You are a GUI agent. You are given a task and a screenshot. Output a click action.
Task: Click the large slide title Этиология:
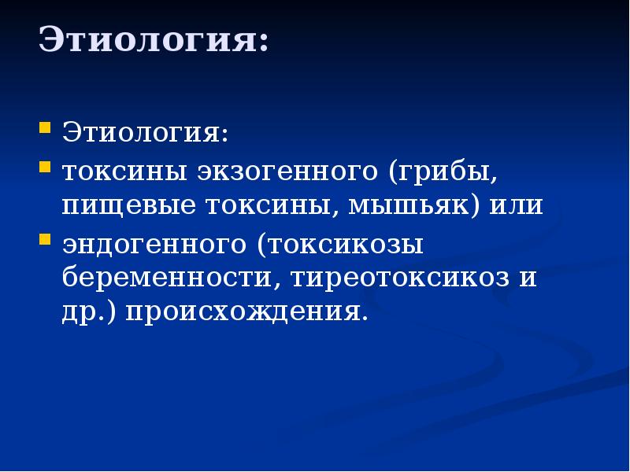(x=154, y=39)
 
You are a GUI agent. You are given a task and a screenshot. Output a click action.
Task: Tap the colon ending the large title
(x=262, y=43)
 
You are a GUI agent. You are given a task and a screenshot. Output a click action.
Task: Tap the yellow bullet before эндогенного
(x=46, y=238)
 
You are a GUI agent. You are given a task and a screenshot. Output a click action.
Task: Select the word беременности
(x=172, y=278)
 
